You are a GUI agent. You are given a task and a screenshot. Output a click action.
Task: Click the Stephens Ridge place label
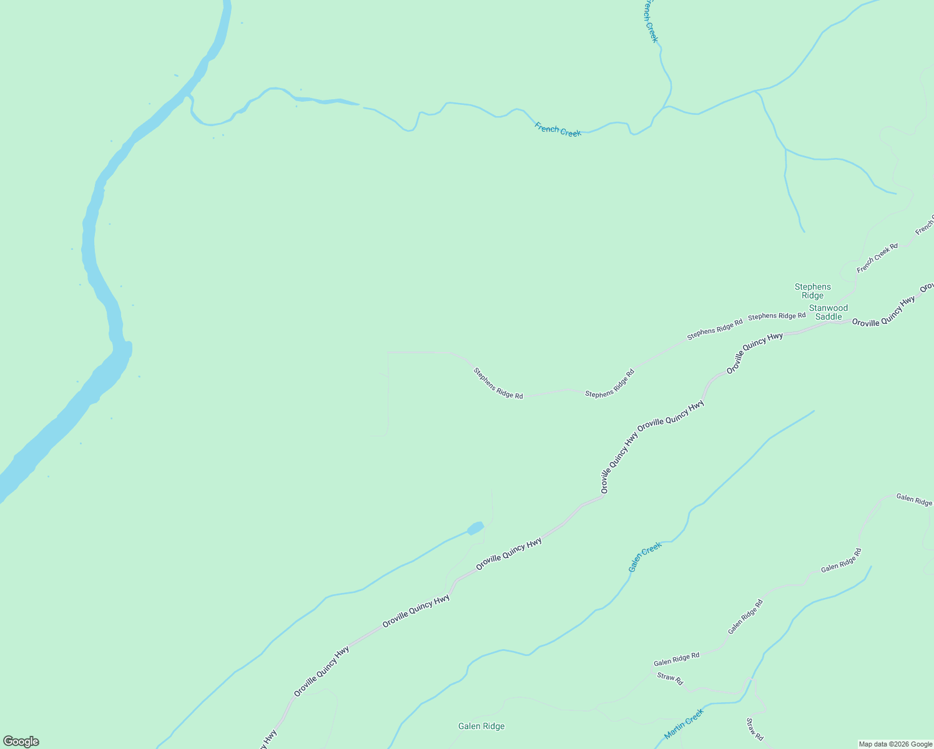812,291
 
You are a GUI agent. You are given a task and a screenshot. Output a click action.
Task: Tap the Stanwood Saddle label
828,312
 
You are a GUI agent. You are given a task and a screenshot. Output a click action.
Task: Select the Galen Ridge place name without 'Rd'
481,726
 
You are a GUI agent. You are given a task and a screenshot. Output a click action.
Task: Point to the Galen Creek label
644,557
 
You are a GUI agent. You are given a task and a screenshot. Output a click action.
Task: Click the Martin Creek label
684,724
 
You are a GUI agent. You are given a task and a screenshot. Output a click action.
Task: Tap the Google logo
21,742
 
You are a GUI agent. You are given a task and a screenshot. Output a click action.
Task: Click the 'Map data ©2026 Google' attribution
895,744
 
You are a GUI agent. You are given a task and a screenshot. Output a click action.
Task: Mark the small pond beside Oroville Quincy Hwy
475,529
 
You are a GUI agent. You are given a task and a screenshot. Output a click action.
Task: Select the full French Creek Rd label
877,258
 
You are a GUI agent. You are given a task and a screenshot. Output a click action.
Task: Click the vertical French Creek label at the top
651,21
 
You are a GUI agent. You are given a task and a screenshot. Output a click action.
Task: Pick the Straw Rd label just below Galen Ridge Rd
670,678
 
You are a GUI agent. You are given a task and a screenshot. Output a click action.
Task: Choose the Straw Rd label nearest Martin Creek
754,729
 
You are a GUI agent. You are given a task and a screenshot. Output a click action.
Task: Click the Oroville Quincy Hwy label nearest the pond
508,554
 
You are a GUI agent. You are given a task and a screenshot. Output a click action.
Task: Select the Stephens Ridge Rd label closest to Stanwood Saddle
777,316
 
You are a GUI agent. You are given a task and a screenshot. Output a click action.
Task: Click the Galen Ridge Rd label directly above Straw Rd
676,659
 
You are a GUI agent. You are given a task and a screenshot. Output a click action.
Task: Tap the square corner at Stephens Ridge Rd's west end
388,353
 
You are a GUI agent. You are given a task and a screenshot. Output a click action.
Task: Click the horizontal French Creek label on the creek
558,130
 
